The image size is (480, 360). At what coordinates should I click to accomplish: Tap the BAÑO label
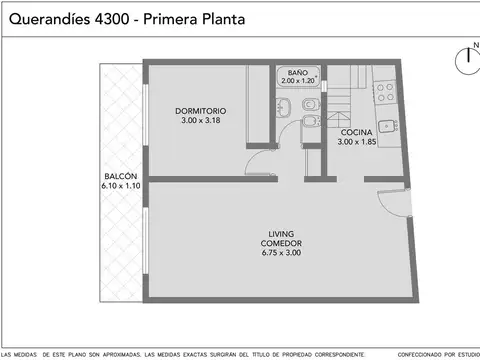point(298,73)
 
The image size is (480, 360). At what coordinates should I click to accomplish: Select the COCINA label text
point(357,133)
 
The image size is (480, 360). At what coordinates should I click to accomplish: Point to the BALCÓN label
point(119,176)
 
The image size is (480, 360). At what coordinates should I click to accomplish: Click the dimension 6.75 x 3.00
point(281,252)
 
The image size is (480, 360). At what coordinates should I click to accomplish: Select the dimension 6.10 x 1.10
point(120,186)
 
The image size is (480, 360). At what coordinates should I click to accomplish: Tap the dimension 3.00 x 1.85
point(357,143)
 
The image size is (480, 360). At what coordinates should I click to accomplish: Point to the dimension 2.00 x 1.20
point(298,82)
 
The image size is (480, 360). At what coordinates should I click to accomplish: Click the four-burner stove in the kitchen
point(386,93)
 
